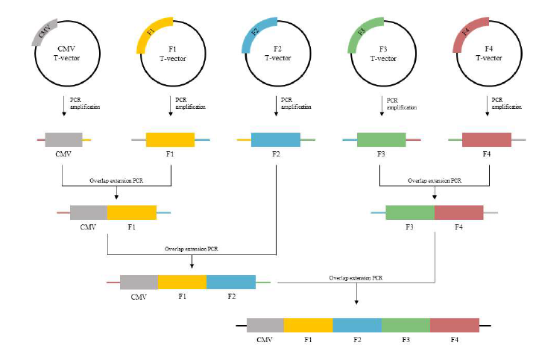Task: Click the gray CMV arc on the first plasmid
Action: pos(43,32)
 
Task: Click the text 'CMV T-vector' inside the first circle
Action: pos(66,54)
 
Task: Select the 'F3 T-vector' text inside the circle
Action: pos(383,54)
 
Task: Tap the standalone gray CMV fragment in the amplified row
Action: pos(63,139)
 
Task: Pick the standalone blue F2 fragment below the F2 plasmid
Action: pos(276,139)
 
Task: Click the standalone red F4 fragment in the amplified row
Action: pos(487,139)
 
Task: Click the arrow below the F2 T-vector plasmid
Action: pos(276,106)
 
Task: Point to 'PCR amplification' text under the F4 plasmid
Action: pos(506,104)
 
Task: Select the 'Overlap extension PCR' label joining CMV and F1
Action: pos(116,180)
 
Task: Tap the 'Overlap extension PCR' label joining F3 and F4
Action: pos(435,180)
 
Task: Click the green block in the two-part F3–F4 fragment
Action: pos(410,212)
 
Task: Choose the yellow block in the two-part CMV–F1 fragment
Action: pos(132,212)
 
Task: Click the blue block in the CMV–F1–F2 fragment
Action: pos(231,282)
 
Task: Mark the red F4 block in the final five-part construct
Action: pos(455,325)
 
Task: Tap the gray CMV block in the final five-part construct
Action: pos(265,325)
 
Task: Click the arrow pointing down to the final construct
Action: pos(356,294)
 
